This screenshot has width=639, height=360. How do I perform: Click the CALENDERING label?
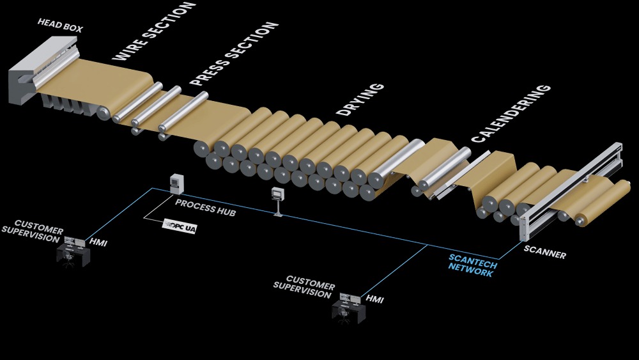[511, 113]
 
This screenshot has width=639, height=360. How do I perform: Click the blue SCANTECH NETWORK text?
[472, 265]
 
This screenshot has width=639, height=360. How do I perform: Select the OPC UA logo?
[181, 225]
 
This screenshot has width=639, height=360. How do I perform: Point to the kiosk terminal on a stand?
[277, 200]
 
